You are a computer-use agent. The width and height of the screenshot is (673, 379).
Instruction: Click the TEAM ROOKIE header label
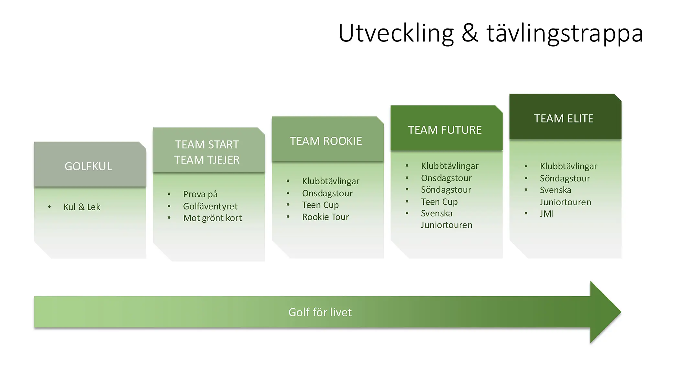coord(326,141)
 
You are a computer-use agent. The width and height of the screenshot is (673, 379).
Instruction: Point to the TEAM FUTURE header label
coord(445,130)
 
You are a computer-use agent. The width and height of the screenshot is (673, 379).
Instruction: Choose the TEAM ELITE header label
coord(563,119)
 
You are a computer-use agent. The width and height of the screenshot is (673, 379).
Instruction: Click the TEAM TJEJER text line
coord(207,160)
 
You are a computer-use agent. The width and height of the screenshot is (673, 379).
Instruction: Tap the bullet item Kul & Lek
coord(82,207)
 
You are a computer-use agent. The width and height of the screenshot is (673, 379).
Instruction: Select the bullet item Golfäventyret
coord(210,206)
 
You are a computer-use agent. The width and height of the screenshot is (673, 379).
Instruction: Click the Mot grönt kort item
coord(212,218)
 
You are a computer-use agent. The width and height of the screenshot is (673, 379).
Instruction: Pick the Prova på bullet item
coord(200,194)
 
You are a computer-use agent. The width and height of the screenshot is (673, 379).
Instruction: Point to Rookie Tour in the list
coord(325,217)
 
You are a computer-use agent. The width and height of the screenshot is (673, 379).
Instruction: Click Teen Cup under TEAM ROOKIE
coord(320,205)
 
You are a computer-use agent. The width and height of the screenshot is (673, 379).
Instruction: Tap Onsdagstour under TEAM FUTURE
coord(446,178)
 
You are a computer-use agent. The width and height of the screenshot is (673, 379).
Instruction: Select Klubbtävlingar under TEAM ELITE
coord(568,166)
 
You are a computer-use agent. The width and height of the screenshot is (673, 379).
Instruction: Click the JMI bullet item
coord(547,214)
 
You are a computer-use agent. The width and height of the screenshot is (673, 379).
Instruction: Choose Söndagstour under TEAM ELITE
coord(565,178)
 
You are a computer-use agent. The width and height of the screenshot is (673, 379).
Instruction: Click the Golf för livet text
coord(320,312)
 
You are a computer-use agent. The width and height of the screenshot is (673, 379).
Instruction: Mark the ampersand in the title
coord(470,33)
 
